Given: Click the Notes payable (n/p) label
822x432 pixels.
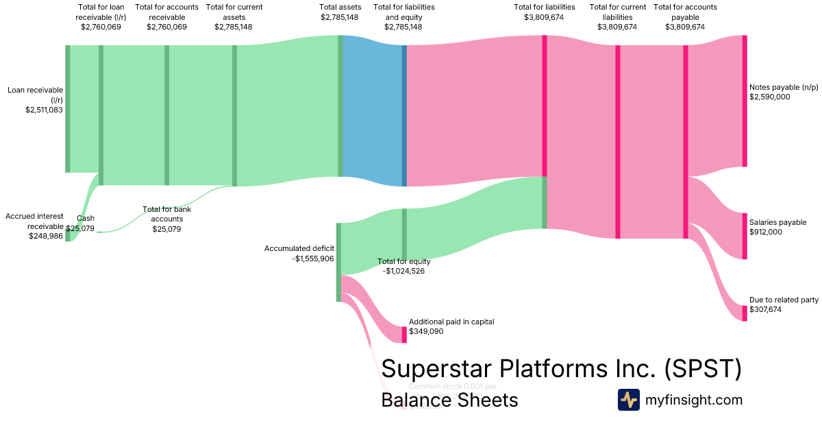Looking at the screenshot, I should click(x=784, y=87).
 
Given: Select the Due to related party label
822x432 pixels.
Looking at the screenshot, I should click(x=784, y=300).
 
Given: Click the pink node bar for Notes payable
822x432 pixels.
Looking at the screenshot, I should click(x=745, y=101).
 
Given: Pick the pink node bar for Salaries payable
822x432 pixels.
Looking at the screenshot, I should click(x=745, y=236).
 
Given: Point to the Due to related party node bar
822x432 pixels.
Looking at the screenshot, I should click(x=745, y=313).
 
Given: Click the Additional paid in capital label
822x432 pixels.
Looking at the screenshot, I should click(x=451, y=322).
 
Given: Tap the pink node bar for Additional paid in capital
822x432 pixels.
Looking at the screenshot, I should click(x=404, y=335).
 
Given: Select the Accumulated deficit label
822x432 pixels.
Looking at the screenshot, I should click(x=299, y=248).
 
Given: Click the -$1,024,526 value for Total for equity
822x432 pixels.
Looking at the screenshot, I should click(x=404, y=271).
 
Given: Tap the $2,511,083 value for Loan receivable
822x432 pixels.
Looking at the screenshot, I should click(x=44, y=109).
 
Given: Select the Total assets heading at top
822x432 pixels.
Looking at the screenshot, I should click(x=340, y=7).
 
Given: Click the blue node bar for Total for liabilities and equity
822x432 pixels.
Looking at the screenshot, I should click(x=404, y=115).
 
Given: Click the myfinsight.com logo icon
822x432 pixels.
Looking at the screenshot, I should click(x=628, y=400).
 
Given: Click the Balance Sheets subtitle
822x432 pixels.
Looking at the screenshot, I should click(x=449, y=400).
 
